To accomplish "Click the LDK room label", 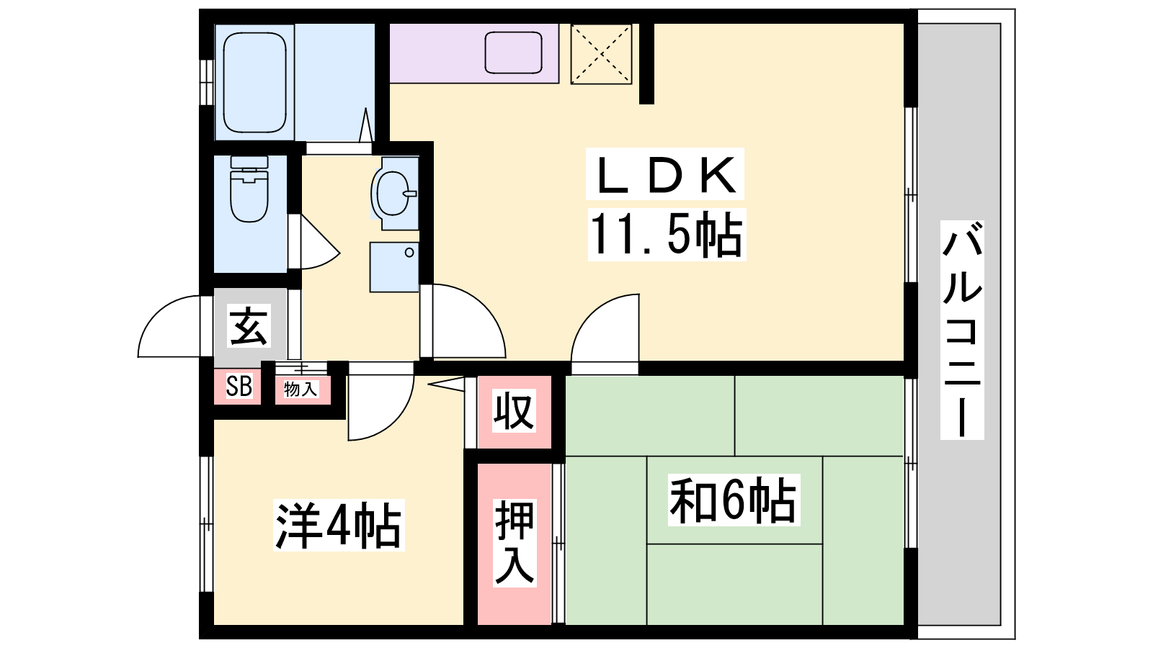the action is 665,174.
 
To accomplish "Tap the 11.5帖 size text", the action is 667,235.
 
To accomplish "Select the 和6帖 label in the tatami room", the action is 734,500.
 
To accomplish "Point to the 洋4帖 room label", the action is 339,525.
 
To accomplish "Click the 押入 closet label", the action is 515,542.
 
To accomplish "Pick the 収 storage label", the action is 515,410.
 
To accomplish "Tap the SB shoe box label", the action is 239,386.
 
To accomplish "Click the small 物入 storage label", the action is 301,389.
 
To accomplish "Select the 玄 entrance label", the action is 249,325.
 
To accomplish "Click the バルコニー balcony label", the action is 961,330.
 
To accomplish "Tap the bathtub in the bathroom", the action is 254,82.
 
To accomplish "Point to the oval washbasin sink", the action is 394,193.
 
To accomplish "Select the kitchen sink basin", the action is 513,52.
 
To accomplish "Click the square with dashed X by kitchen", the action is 601,53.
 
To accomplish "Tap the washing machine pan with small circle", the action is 394,267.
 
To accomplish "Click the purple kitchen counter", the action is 474,53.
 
